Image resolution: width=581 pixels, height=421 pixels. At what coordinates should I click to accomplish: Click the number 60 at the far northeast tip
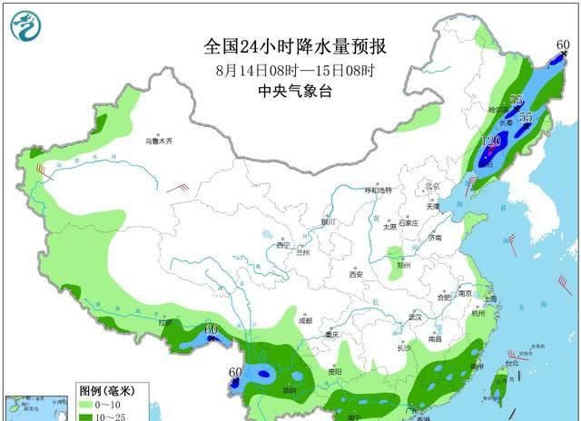[563, 44]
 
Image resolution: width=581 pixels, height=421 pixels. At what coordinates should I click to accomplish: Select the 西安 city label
[356, 273]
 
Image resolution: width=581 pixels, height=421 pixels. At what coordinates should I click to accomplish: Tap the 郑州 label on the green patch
[404, 265]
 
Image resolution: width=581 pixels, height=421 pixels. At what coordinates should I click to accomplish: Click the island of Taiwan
[497, 381]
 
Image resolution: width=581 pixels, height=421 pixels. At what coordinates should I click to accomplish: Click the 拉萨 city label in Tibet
[164, 322]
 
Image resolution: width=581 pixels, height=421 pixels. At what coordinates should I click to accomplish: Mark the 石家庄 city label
[407, 222]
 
